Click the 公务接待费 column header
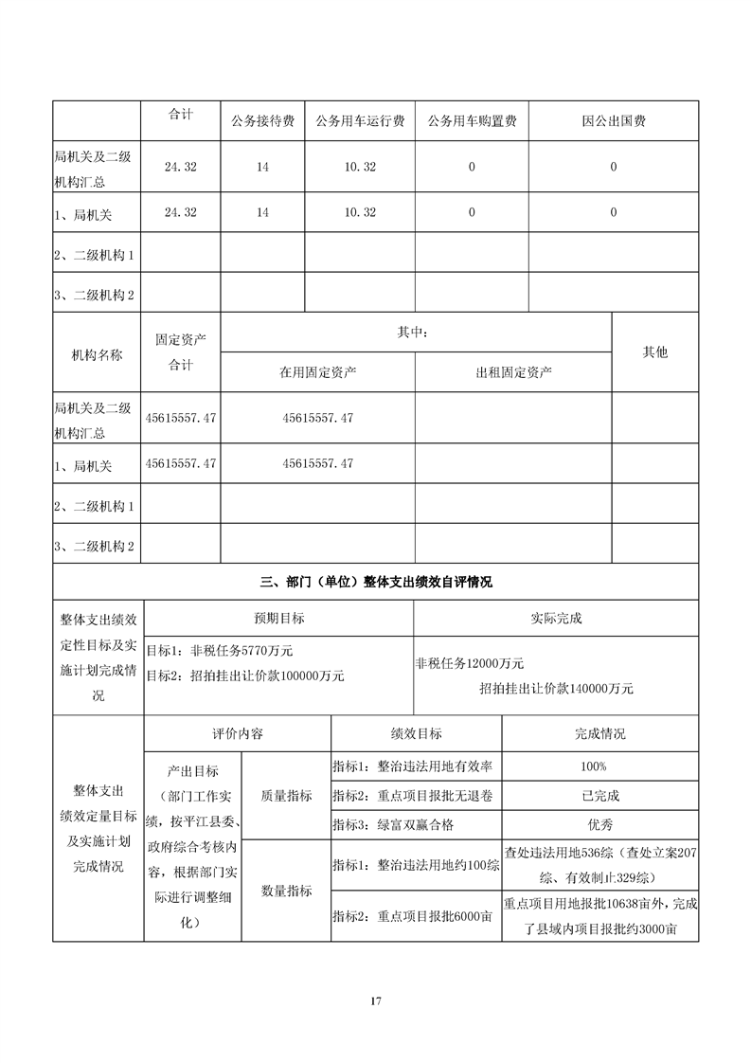coord(262,121)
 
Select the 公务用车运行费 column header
coord(359,121)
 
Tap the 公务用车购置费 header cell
coord(472,121)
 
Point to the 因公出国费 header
coord(614,121)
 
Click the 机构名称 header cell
coord(98,352)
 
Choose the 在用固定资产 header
coord(317,371)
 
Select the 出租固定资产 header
coord(513,371)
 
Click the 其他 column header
coord(655,352)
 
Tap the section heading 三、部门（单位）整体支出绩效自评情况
coord(376,583)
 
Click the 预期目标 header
coord(278,618)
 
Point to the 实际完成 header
coord(556,618)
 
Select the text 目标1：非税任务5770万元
coord(219,651)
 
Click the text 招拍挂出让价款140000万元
coord(556,689)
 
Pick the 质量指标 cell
coord(286,796)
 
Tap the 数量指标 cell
coord(286,891)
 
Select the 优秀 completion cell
coord(600,825)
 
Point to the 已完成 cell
coord(600,796)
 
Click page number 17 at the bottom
coord(376,1000)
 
